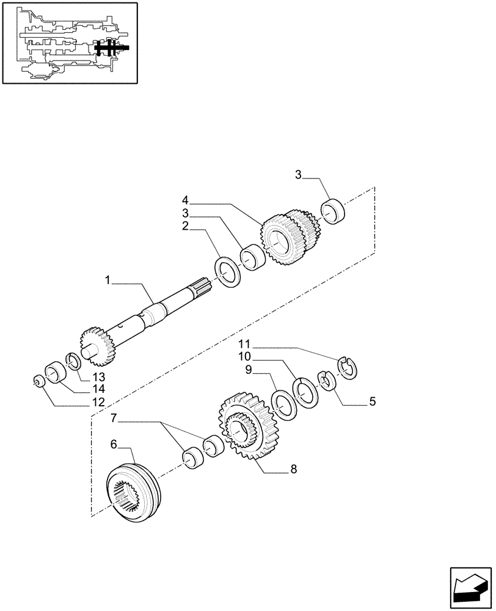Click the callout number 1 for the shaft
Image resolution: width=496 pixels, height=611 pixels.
[108, 280]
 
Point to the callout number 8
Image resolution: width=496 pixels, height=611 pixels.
[294, 469]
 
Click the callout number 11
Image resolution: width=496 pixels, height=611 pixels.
[244, 343]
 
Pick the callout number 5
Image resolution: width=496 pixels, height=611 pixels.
[372, 402]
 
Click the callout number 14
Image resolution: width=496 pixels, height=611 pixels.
[98, 389]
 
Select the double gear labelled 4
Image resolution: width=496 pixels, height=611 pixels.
[290, 238]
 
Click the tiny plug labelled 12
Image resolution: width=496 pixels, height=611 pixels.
[38, 382]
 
